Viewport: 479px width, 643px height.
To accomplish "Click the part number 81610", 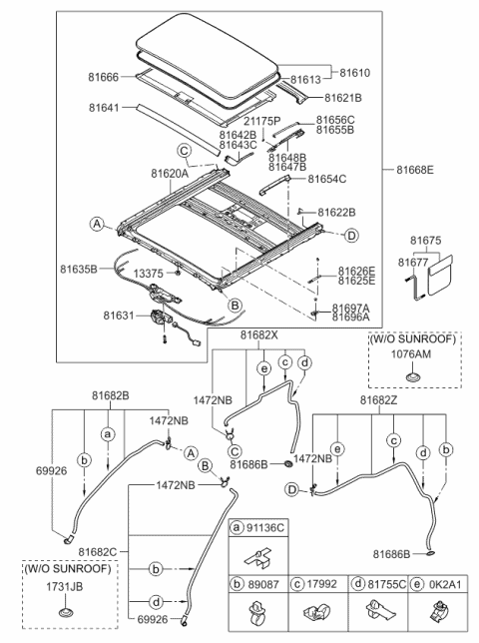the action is (x=355, y=73).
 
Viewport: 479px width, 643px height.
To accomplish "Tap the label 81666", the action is (x=103, y=77).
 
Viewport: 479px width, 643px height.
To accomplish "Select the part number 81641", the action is (x=104, y=108).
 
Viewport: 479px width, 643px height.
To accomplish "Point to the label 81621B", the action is (x=343, y=98).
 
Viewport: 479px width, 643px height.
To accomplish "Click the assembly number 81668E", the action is (x=415, y=170).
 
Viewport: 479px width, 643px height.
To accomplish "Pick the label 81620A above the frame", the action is (x=170, y=174).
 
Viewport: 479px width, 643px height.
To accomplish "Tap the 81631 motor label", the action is (x=119, y=316).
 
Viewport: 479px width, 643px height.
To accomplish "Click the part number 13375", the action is (x=148, y=274).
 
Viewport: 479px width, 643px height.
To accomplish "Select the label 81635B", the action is (x=79, y=269).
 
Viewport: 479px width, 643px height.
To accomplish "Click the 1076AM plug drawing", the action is (x=411, y=376).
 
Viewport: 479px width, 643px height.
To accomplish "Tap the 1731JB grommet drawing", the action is (x=65, y=612).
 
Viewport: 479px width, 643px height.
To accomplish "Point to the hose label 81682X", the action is (x=259, y=335).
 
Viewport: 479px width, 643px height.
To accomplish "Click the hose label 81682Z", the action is (x=378, y=399).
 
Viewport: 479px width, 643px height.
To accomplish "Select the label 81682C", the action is (x=98, y=551).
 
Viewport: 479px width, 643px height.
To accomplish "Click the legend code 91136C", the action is (x=265, y=527).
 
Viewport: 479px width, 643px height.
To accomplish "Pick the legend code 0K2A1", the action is (x=445, y=584).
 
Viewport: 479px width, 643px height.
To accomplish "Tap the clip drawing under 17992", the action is (x=316, y=613).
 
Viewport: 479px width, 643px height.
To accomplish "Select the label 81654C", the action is (x=327, y=179).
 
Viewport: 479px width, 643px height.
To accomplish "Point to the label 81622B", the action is (x=337, y=212).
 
